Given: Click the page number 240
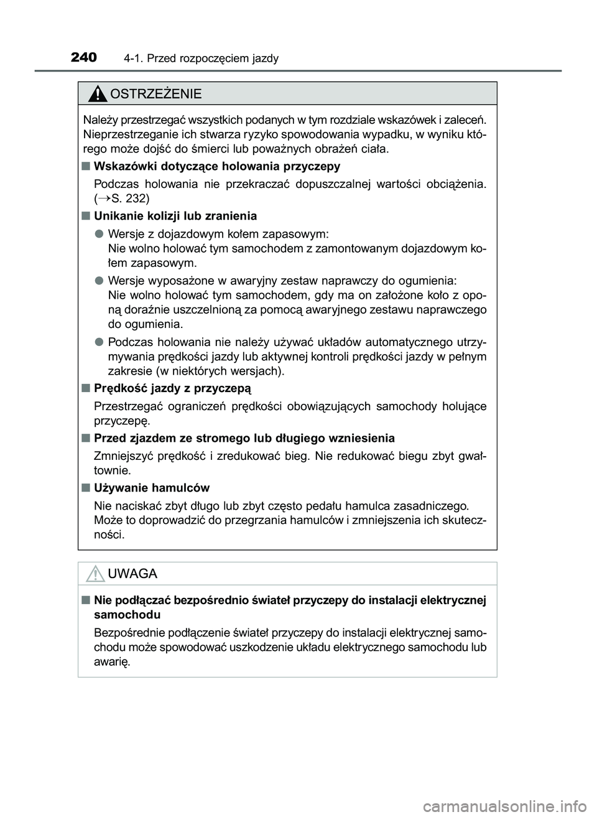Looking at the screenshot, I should tap(84, 58).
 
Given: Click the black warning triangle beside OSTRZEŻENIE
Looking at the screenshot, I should tap(97, 95).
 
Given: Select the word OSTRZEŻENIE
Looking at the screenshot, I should tap(155, 94).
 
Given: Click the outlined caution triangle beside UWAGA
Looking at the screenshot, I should tap(95, 574).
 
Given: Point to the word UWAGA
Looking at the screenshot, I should tap(132, 574).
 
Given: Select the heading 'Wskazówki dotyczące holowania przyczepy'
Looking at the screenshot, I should tap(217, 166).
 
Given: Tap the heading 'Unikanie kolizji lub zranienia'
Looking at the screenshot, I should tap(175, 216).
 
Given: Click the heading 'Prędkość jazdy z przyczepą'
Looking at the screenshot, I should tap(172, 388).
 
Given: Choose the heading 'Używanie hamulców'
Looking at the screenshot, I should tap(152, 487).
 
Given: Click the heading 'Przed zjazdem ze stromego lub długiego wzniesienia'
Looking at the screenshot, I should tap(244, 438).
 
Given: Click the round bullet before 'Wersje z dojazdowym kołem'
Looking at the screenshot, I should tap(99, 234).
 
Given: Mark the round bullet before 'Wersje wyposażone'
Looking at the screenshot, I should tap(99, 280).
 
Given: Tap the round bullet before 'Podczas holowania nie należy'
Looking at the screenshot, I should tap(99, 342).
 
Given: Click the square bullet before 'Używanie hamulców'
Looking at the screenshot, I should tap(85, 488).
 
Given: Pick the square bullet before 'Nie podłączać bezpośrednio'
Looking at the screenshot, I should tap(85, 600).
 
